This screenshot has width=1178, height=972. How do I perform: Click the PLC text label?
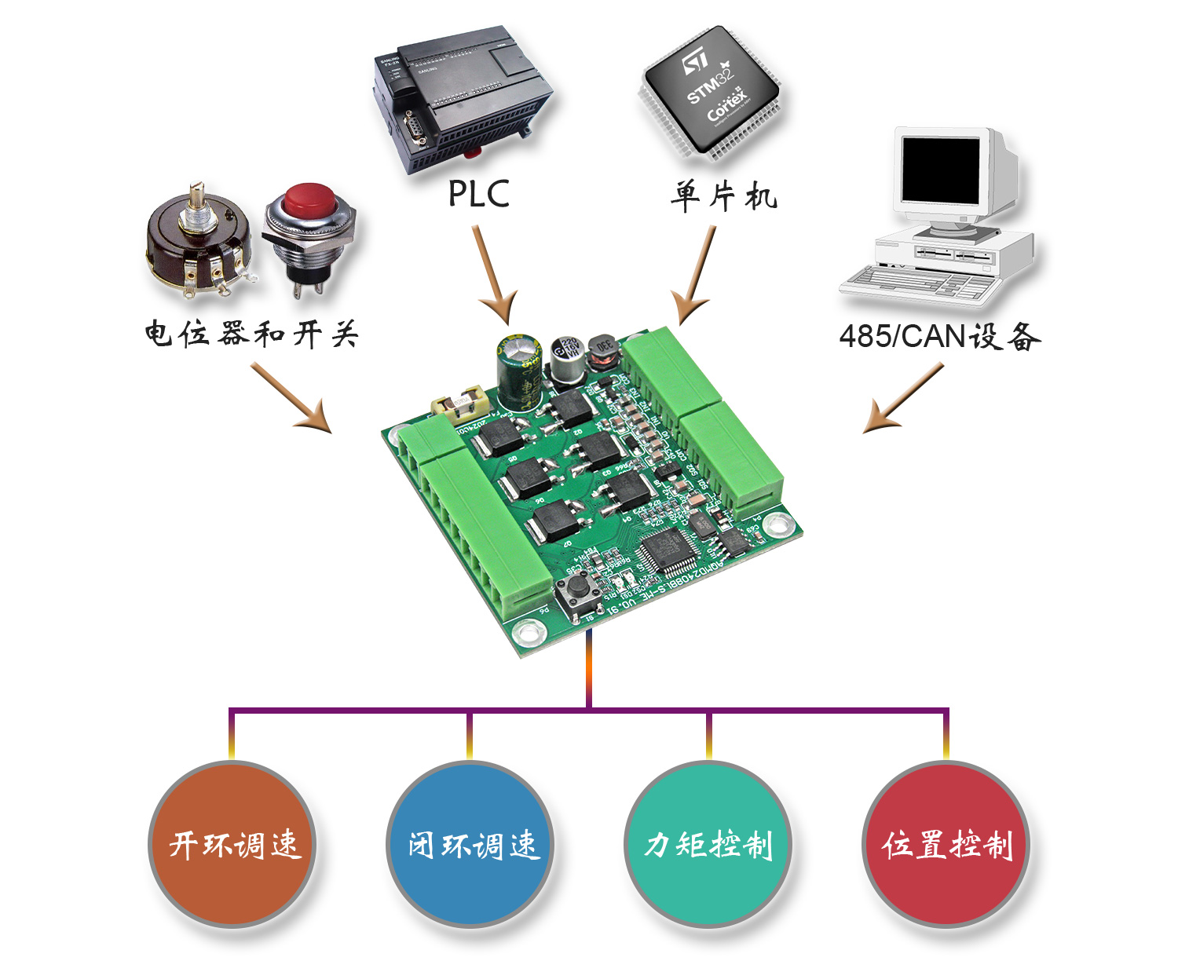coord(478,194)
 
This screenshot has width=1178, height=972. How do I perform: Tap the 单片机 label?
coord(723,195)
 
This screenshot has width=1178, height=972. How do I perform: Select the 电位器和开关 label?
coord(251,334)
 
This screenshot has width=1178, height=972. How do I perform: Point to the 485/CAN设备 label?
coord(939,336)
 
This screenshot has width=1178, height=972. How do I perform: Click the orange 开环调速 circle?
coord(232,844)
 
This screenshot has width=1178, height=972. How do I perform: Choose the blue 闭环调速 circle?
coord(470,844)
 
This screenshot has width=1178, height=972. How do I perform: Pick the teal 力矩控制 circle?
coord(708,844)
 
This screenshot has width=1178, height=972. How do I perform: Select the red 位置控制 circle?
coord(946,844)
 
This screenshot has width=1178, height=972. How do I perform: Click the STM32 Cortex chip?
coord(711,93)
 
